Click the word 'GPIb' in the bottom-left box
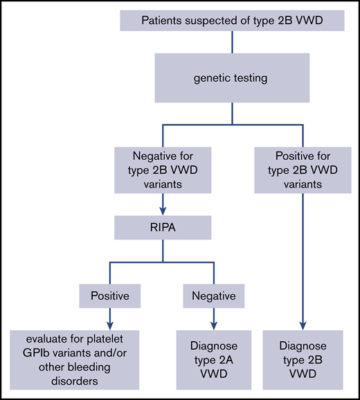coord(33,351)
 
